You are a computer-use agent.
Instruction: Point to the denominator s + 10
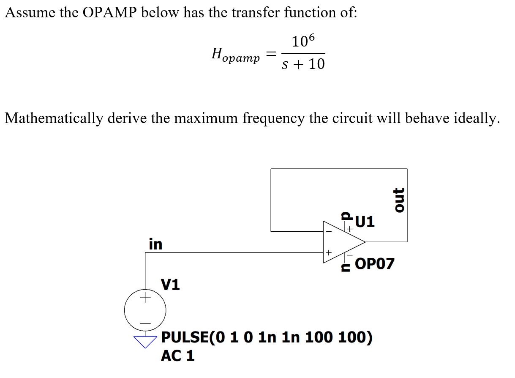coord(303,64)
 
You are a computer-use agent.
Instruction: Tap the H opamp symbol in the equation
coord(235,55)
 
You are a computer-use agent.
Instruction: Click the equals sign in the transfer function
coord(271,54)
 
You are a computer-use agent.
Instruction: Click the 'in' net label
coord(155,244)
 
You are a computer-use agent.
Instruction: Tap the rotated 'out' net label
coord(398,200)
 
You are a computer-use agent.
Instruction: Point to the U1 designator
coord(365,222)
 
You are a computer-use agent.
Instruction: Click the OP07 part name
coord(375,264)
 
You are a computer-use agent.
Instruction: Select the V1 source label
coord(170,285)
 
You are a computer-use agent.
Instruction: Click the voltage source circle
coord(145,311)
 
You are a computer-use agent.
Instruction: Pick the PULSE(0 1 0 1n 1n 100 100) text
coord(267,338)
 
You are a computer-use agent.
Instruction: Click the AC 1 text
coord(178,356)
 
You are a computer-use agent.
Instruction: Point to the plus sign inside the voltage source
coord(145,298)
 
